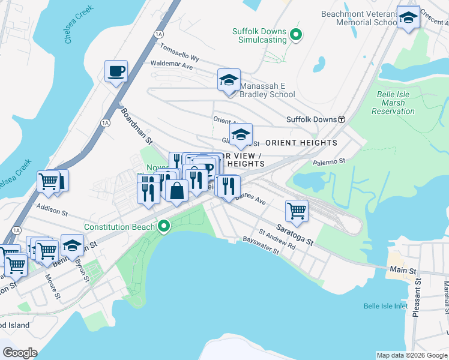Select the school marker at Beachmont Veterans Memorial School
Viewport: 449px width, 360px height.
point(408,18)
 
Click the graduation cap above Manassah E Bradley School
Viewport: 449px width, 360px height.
point(228,80)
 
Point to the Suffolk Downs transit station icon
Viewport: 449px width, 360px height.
point(342,119)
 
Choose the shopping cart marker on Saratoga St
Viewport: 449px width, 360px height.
point(297,211)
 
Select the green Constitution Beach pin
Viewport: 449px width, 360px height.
point(163,227)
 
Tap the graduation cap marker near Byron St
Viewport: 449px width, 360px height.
point(72,246)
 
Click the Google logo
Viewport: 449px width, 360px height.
point(20,353)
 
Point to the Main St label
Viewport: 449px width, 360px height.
point(405,271)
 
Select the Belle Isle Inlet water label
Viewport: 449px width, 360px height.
point(385,306)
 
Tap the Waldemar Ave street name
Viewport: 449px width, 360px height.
point(172,65)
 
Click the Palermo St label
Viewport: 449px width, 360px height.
point(329,161)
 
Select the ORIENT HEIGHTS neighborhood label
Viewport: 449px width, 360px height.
point(301,143)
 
